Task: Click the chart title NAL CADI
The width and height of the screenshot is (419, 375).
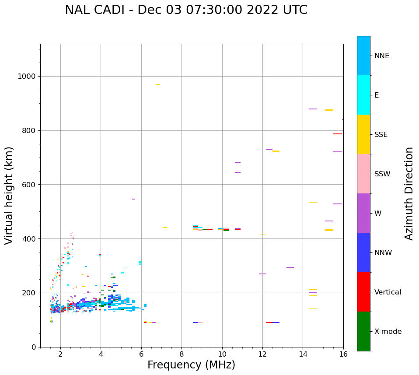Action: click(x=186, y=10)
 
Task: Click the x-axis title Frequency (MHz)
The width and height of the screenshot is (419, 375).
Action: click(x=191, y=365)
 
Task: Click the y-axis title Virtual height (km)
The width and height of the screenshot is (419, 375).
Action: click(x=9, y=196)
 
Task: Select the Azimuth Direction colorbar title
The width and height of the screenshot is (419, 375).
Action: click(x=409, y=193)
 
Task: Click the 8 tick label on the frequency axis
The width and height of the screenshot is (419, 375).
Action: click(x=182, y=354)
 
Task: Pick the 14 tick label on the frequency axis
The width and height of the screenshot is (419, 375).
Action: click(x=303, y=354)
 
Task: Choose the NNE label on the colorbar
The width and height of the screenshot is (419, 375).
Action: click(x=381, y=56)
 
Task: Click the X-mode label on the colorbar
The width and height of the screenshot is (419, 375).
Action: click(x=388, y=332)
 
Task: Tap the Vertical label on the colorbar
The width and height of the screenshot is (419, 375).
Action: click(x=388, y=292)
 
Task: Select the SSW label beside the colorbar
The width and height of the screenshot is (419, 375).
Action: click(x=382, y=174)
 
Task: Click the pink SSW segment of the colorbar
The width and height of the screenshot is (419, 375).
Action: click(x=363, y=174)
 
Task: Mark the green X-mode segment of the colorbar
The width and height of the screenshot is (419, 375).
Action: click(x=363, y=331)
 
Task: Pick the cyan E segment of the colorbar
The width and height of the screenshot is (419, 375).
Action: click(x=363, y=95)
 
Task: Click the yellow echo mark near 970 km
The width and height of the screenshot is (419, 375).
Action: click(x=157, y=84)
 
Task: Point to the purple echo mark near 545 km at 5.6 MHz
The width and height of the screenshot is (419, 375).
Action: click(x=133, y=199)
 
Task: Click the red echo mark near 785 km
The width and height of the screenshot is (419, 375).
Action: click(x=337, y=134)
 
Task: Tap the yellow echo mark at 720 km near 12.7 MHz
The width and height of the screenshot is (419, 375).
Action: click(x=276, y=151)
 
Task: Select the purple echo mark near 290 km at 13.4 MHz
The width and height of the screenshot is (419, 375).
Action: click(x=290, y=267)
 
